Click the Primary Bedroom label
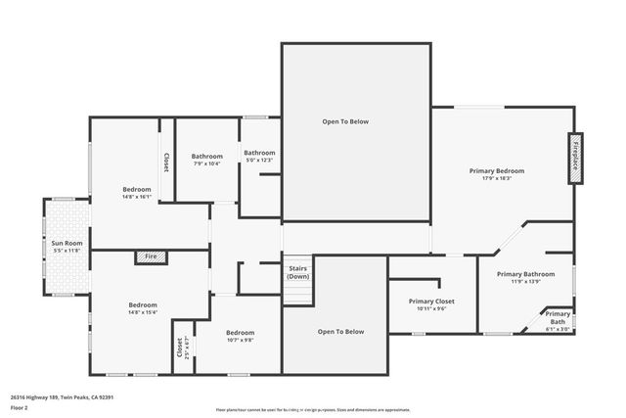coord(503,171)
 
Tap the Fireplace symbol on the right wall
coord(575,157)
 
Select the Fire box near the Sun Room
coord(151,256)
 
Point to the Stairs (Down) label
coord(297,272)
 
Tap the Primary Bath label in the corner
coord(557,319)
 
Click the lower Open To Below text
coord(340,332)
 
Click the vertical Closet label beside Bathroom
coord(166,162)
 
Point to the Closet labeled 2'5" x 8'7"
coord(182,348)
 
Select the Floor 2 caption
coord(20,408)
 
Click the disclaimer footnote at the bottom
coord(313,409)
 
